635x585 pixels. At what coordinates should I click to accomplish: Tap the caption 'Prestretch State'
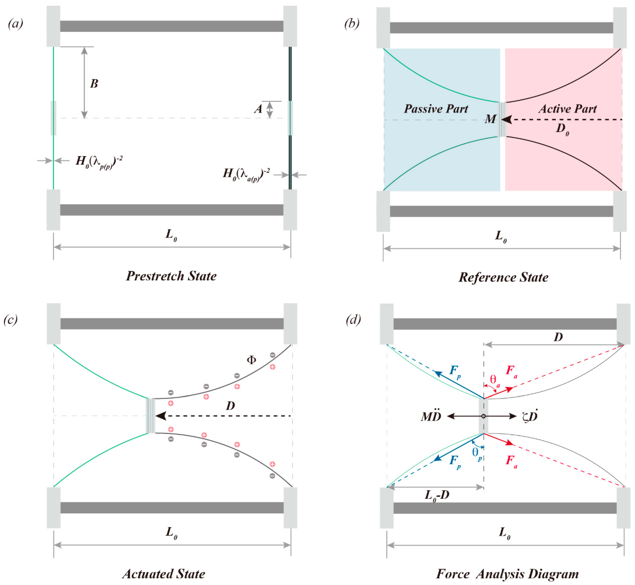point(171,276)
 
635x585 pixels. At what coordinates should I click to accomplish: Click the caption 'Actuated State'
point(164,574)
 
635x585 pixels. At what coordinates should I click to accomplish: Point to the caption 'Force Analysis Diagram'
point(507,574)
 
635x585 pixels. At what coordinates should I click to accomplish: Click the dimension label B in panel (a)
point(94,84)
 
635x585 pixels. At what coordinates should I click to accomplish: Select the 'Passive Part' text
point(436,109)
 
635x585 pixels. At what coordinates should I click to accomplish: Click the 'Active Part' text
point(568,109)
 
